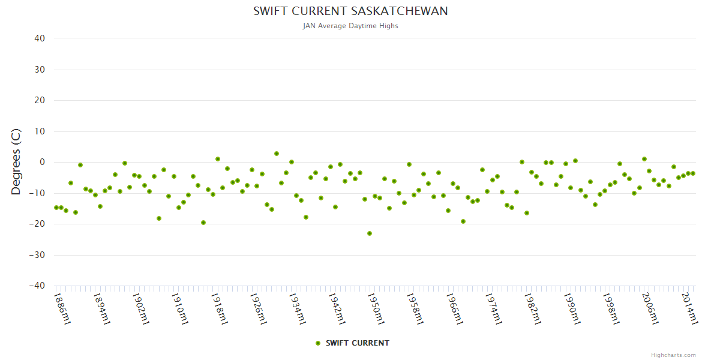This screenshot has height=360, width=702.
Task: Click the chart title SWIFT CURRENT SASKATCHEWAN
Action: (350, 11)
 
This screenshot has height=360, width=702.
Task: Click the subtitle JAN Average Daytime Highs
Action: (350, 26)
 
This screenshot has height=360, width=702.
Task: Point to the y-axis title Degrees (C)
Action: (16, 162)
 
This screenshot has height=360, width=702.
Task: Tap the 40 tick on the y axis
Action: (40, 38)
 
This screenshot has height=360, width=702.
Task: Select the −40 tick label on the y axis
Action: (37, 286)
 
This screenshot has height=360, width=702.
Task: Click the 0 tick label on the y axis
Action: (42, 162)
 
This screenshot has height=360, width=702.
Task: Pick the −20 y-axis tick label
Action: (37, 224)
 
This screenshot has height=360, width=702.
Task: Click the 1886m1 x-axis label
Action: (62, 308)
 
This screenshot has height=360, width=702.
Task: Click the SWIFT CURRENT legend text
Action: (357, 343)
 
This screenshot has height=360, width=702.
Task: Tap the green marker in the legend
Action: (318, 343)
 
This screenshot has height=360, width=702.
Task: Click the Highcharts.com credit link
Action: (673, 355)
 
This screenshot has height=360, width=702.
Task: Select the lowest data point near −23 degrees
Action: (370, 233)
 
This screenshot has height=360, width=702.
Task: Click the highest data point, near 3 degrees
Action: (277, 154)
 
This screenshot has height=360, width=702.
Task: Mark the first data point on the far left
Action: (56, 208)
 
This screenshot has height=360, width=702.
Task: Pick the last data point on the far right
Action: (693, 173)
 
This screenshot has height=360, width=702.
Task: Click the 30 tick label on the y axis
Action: (40, 70)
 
